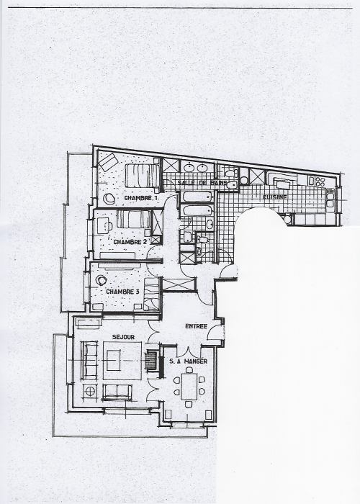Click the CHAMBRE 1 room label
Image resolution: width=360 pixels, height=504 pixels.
click(141, 198)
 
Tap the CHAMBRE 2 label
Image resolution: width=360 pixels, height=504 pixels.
click(130, 242)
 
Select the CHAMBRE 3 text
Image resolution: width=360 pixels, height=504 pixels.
click(122, 292)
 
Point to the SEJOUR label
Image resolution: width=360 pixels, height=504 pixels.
click(123, 337)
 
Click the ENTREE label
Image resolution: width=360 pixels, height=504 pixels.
click(196, 326)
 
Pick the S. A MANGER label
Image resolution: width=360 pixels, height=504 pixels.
click(189, 361)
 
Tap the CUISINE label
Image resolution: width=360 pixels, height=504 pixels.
click(275, 197)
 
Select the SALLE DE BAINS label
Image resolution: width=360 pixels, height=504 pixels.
click(202, 183)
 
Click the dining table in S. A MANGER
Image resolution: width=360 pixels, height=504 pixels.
click(189, 386)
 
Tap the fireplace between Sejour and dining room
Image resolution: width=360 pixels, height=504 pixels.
click(151, 361)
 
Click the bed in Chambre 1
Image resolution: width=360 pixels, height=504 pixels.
click(143, 176)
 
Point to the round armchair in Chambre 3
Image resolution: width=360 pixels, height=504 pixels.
click(102, 281)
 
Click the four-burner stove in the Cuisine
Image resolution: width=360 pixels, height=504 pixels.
click(320, 181)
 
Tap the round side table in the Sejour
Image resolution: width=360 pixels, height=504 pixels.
click(90, 392)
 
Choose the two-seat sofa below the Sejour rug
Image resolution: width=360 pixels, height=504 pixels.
click(117, 392)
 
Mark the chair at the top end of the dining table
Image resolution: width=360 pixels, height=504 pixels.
click(189, 369)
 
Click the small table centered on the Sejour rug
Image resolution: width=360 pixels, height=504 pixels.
click(114, 360)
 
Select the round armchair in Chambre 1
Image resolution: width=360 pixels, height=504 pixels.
click(109, 199)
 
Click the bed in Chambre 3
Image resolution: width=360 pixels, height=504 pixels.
click(152, 294)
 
